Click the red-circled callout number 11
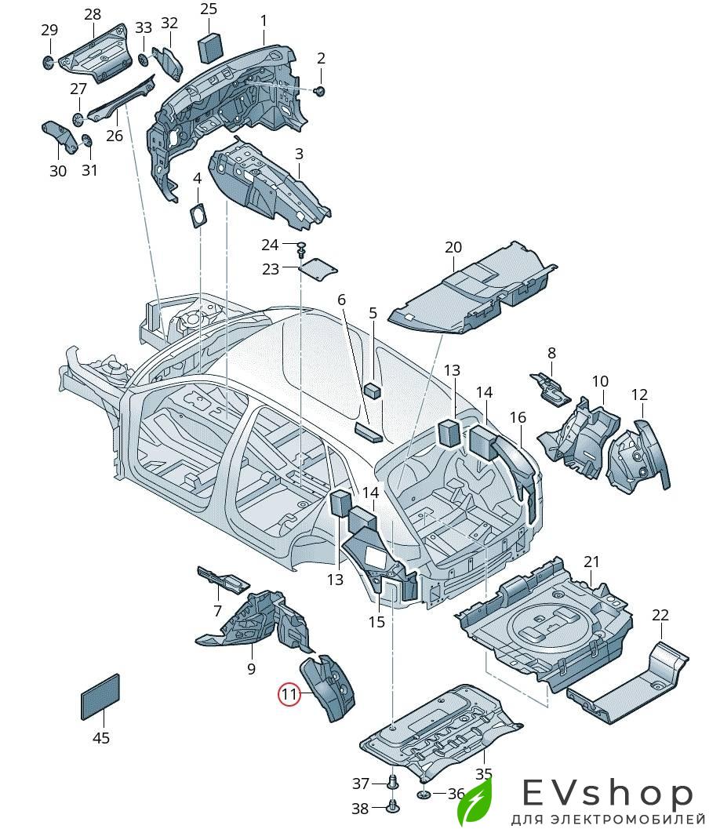coord(290,693)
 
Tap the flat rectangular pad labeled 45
coord(100,696)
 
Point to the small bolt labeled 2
coord(319,92)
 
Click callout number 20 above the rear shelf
coord(453,247)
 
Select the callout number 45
coord(101,738)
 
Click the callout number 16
coord(518,417)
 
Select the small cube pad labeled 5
coord(373,389)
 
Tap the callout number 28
coord(93,14)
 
